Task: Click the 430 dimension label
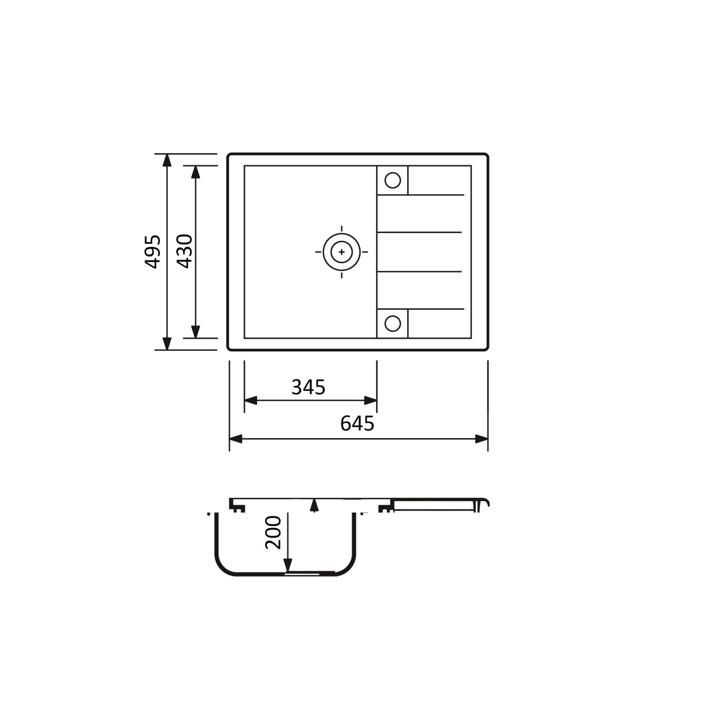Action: (185, 252)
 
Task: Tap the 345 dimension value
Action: (308, 387)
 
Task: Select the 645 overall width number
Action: (357, 423)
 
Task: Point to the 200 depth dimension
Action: (273, 532)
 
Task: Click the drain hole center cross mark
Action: (341, 252)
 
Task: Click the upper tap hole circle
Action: (393, 180)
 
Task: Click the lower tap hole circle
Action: (393, 323)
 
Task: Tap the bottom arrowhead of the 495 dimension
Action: (167, 344)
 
